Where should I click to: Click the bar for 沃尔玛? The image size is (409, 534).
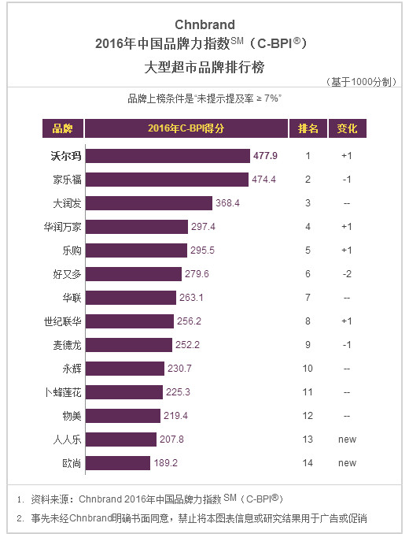coord(168,156)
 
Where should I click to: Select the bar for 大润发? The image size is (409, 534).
coord(149,203)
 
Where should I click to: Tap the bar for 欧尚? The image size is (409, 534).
coord(118,463)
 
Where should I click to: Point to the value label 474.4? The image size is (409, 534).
coord(263,180)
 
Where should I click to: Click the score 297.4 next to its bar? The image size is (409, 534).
coord(203,227)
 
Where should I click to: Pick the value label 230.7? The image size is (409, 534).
coord(179,369)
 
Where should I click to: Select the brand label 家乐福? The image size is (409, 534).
coord(67,180)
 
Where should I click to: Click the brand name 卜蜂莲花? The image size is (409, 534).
coord(63,392)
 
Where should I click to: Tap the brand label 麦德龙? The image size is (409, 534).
coord(67,345)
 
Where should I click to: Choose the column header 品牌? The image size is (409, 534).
coord(63,128)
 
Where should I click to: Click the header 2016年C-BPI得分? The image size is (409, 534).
coord(186,128)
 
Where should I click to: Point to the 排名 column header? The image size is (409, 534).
coord(308,128)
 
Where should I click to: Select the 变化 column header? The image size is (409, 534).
coord(347,128)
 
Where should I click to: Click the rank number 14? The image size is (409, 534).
coord(308,463)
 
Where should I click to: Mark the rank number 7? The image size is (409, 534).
coord(308,298)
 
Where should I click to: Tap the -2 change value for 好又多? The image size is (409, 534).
coord(347,274)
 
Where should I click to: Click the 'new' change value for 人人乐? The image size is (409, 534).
coord(347,439)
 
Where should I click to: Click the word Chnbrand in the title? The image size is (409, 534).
coord(204,25)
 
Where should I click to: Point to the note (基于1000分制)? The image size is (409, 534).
coord(361,82)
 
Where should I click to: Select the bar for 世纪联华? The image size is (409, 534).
coord(130,321)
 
